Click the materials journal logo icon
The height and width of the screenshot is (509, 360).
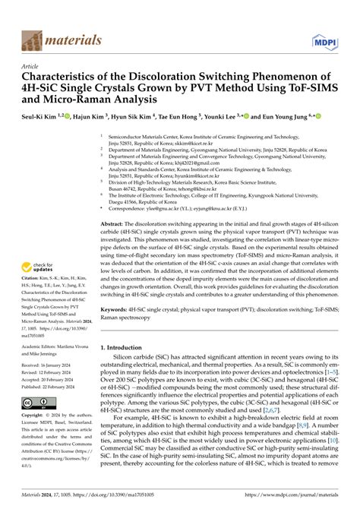33,39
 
